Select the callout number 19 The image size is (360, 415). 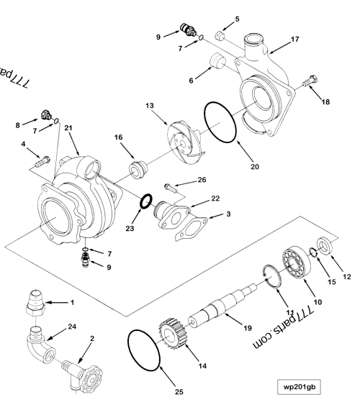point(247,327)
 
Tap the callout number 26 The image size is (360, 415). point(201,179)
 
